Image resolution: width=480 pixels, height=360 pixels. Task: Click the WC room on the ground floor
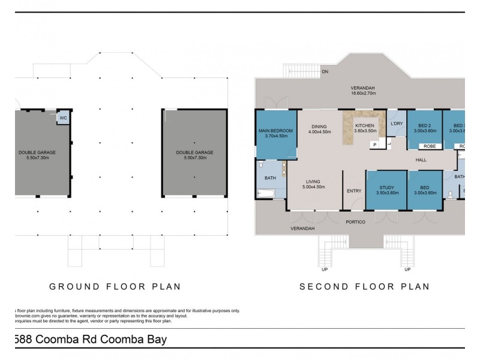pos(63,118)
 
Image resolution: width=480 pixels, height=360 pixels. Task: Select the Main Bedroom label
pos(275,130)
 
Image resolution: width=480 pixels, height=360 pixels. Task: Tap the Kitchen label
pos(365,125)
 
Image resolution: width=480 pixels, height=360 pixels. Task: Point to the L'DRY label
pos(396,124)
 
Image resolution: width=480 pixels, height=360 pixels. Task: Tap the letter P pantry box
pos(374,145)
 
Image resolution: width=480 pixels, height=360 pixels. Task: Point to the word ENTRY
pos(354,191)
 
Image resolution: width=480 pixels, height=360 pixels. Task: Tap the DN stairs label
pos(325,72)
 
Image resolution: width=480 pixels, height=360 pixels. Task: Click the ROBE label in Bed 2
pos(428,145)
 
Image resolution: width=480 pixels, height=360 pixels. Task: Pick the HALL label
pos(421,160)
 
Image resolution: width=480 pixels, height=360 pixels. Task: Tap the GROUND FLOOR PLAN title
pos(115,286)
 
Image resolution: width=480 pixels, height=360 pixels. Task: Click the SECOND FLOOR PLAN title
pos(364,286)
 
